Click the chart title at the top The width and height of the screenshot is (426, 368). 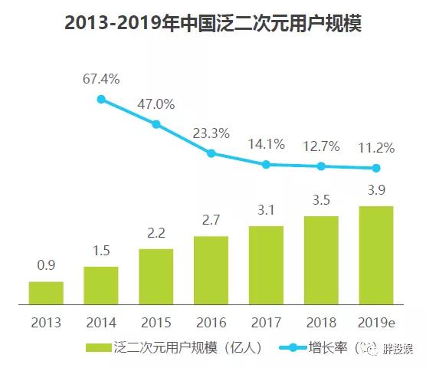(213, 24)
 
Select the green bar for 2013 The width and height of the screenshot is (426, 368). (46, 293)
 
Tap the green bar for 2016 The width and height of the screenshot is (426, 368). (211, 270)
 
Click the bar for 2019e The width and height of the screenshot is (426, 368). (375, 255)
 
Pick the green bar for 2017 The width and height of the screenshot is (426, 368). (266, 265)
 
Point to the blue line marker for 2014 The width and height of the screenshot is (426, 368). (101, 99)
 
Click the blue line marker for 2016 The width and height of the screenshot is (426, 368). (211, 153)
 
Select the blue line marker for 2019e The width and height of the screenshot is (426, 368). (375, 168)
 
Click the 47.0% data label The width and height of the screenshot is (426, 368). (156, 103)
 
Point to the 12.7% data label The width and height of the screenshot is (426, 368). (321, 145)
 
